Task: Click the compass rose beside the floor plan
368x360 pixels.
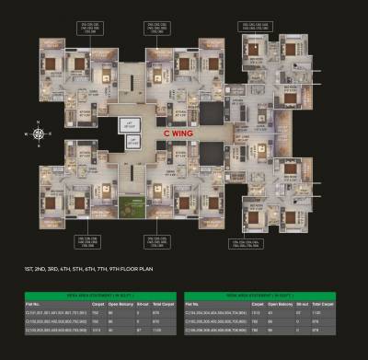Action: tap(38, 133)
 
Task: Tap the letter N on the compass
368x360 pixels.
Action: tap(38, 122)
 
